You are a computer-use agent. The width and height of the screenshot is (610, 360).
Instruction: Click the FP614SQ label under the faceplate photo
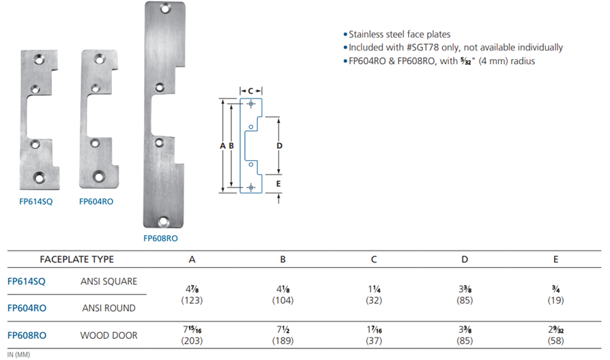[x=35, y=201]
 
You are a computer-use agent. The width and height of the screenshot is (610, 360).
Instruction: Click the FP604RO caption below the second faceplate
[x=96, y=201]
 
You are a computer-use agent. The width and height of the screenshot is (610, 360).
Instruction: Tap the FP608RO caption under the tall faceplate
[x=160, y=239]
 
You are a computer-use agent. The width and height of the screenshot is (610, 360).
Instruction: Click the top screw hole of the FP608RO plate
[x=165, y=8]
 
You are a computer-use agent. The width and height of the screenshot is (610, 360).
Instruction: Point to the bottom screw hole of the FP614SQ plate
[x=39, y=178]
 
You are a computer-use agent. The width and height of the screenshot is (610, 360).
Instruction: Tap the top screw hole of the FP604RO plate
[x=100, y=59]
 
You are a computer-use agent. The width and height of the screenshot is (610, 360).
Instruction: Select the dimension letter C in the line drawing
[x=250, y=91]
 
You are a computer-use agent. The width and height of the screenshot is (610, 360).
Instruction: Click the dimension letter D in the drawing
[x=279, y=146]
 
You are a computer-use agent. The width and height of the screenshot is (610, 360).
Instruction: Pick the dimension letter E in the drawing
[x=278, y=183]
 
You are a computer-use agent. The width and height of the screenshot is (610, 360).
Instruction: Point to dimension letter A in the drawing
[x=222, y=146]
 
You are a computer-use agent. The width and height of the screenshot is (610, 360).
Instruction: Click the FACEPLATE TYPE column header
[x=76, y=259]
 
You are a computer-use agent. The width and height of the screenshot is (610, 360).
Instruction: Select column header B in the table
[x=283, y=259]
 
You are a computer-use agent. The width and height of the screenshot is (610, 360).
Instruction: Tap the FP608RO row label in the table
[x=27, y=335]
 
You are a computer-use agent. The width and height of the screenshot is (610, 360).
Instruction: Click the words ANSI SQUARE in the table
[x=109, y=281]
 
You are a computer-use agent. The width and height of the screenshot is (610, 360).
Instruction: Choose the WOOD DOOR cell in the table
[x=109, y=335]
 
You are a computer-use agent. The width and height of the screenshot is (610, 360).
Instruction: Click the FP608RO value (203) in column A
[x=192, y=341]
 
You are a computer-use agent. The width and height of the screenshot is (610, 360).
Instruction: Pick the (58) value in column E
[x=555, y=341]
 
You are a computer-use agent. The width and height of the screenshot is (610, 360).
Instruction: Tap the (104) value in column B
[x=283, y=301]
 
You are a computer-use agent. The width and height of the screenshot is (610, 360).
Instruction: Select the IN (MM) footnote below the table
[x=18, y=355]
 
